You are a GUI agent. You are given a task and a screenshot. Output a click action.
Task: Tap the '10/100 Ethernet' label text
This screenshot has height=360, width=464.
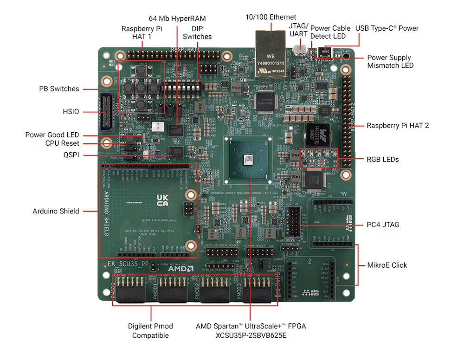(x=271, y=17)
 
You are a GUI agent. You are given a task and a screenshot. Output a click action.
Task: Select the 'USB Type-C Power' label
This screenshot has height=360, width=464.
(x=387, y=28)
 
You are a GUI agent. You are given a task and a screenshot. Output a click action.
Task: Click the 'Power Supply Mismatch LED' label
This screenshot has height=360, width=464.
(x=389, y=61)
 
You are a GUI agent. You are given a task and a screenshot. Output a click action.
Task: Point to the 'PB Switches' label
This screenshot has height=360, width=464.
(x=59, y=89)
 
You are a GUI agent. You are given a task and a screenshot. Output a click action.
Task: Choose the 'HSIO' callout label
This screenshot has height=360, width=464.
(x=71, y=112)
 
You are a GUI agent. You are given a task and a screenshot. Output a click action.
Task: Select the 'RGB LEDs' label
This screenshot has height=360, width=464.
(x=383, y=160)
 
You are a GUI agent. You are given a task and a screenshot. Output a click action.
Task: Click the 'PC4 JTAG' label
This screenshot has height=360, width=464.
(x=383, y=225)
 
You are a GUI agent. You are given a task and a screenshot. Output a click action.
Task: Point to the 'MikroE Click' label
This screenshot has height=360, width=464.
(x=387, y=265)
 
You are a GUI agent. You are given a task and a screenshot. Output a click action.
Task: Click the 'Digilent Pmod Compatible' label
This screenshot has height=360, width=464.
(x=150, y=331)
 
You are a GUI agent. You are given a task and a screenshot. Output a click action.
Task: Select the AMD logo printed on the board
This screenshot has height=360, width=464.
(x=180, y=268)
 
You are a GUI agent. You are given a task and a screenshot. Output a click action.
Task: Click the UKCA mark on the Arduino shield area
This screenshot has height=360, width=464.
(x=162, y=200)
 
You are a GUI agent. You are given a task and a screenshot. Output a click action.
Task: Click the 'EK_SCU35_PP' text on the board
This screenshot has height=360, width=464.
(x=129, y=265)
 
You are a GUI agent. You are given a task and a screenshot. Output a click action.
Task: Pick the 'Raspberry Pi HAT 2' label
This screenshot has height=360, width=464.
(x=397, y=125)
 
